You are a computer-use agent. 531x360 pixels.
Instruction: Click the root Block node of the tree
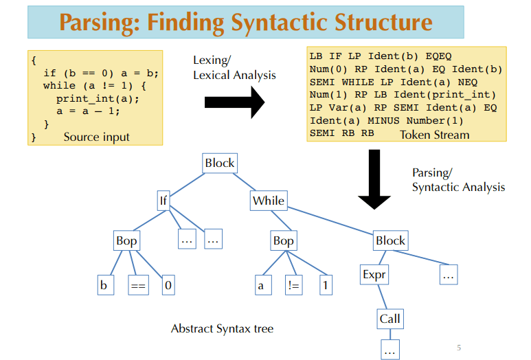click(219, 164)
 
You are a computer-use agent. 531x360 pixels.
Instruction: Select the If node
click(163, 201)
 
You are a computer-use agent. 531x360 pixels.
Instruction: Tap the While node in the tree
click(268, 201)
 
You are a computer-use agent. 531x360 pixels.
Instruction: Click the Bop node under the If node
click(126, 240)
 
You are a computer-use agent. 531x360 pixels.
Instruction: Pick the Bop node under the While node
click(283, 240)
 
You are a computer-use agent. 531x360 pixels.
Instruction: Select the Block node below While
click(390, 240)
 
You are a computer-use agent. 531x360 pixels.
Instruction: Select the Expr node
click(374, 275)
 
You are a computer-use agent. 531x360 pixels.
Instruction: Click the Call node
click(389, 319)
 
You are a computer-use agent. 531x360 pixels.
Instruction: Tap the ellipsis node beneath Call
click(389, 349)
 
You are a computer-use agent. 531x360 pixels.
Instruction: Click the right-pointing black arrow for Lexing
click(234, 102)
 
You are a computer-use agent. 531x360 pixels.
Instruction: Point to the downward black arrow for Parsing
click(374, 179)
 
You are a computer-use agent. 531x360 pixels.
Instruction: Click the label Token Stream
click(434, 135)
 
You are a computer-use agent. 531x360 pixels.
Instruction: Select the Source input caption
click(96, 137)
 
